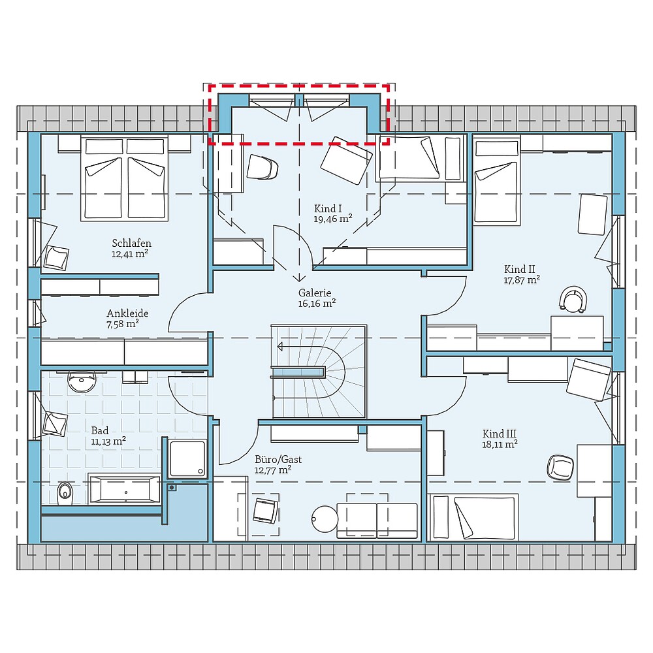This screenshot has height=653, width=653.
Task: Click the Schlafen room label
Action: coord(131,244)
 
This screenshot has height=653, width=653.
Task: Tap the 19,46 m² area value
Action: coord(333,219)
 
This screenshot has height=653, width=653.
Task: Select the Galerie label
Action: coord(315,293)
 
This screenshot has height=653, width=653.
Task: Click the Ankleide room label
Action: coord(127,313)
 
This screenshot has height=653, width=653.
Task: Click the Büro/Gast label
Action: coord(278,459)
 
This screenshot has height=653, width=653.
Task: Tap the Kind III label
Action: coord(500,434)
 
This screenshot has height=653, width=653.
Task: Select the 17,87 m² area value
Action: coord(521,279)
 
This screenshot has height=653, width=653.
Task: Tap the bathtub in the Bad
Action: coord(124,489)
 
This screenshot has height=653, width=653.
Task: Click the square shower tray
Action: coord(187,458)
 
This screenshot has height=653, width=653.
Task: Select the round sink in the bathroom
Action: coord(82,382)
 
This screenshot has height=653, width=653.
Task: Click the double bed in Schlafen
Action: coord(124,178)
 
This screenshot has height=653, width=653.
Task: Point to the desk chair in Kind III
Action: coord(560,466)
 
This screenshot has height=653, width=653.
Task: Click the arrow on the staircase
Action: coord(282,346)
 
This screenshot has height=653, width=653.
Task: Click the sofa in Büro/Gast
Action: coord(377,520)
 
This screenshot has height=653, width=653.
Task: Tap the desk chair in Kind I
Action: coord(263,167)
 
